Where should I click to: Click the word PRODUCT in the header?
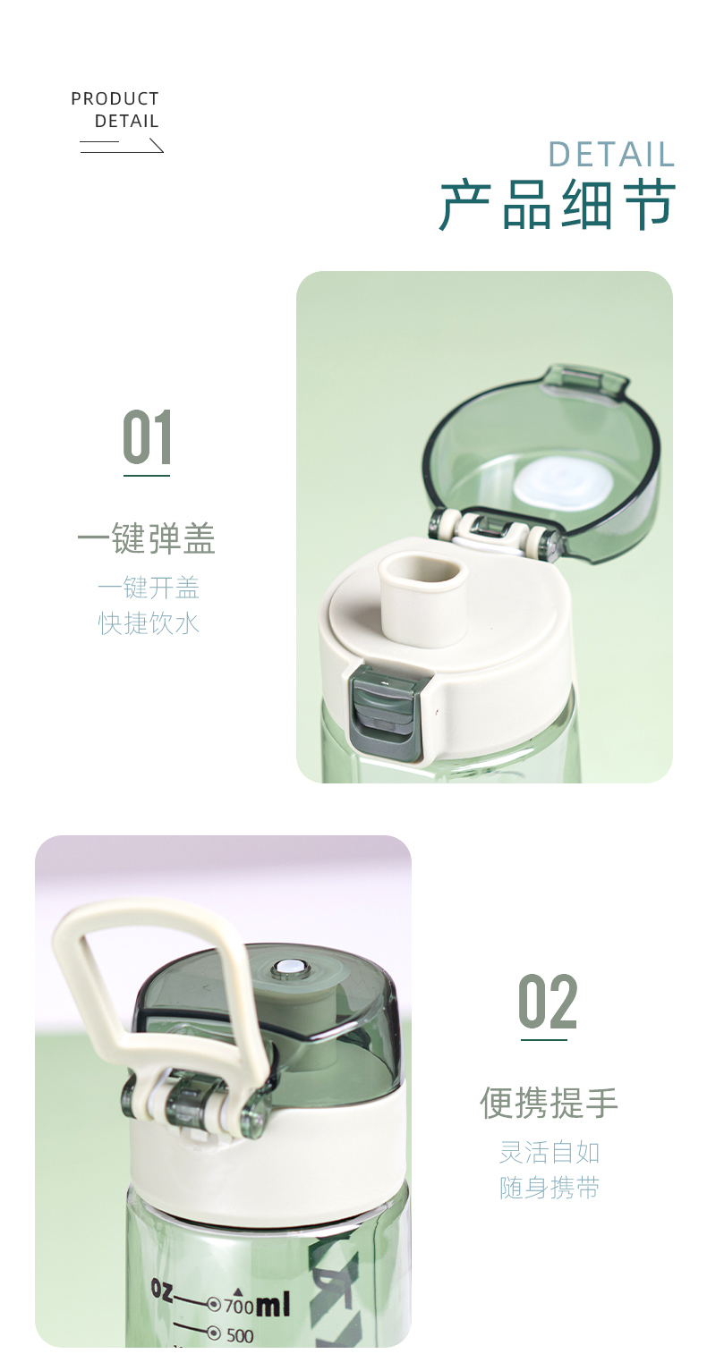tap(115, 98)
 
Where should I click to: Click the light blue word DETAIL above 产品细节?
tap(611, 155)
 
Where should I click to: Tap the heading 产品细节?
tap(557, 205)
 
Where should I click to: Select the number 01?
tap(147, 438)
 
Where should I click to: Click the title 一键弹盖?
tap(147, 539)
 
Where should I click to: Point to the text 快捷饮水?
tap(149, 623)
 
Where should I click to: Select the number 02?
tap(548, 1003)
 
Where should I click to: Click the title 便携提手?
tap(549, 1103)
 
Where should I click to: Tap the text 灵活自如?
tap(549, 1152)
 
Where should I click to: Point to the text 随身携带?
tap(549, 1188)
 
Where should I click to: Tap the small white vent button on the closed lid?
tap(288, 969)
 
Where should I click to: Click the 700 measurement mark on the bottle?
tap(238, 1306)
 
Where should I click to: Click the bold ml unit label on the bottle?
tap(274, 1307)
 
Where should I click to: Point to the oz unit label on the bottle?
tap(162, 1290)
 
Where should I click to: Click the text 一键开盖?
tap(149, 588)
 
